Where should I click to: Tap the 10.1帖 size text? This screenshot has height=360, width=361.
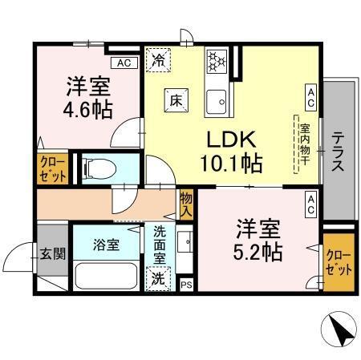230,164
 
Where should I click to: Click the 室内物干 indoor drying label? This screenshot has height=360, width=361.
305,145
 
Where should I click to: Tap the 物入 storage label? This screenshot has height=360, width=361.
186,204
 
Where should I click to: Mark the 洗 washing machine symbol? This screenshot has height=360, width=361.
159,279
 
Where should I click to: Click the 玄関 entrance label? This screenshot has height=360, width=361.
52,253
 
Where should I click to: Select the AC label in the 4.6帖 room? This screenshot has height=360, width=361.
124,63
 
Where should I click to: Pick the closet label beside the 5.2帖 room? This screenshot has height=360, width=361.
338,261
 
